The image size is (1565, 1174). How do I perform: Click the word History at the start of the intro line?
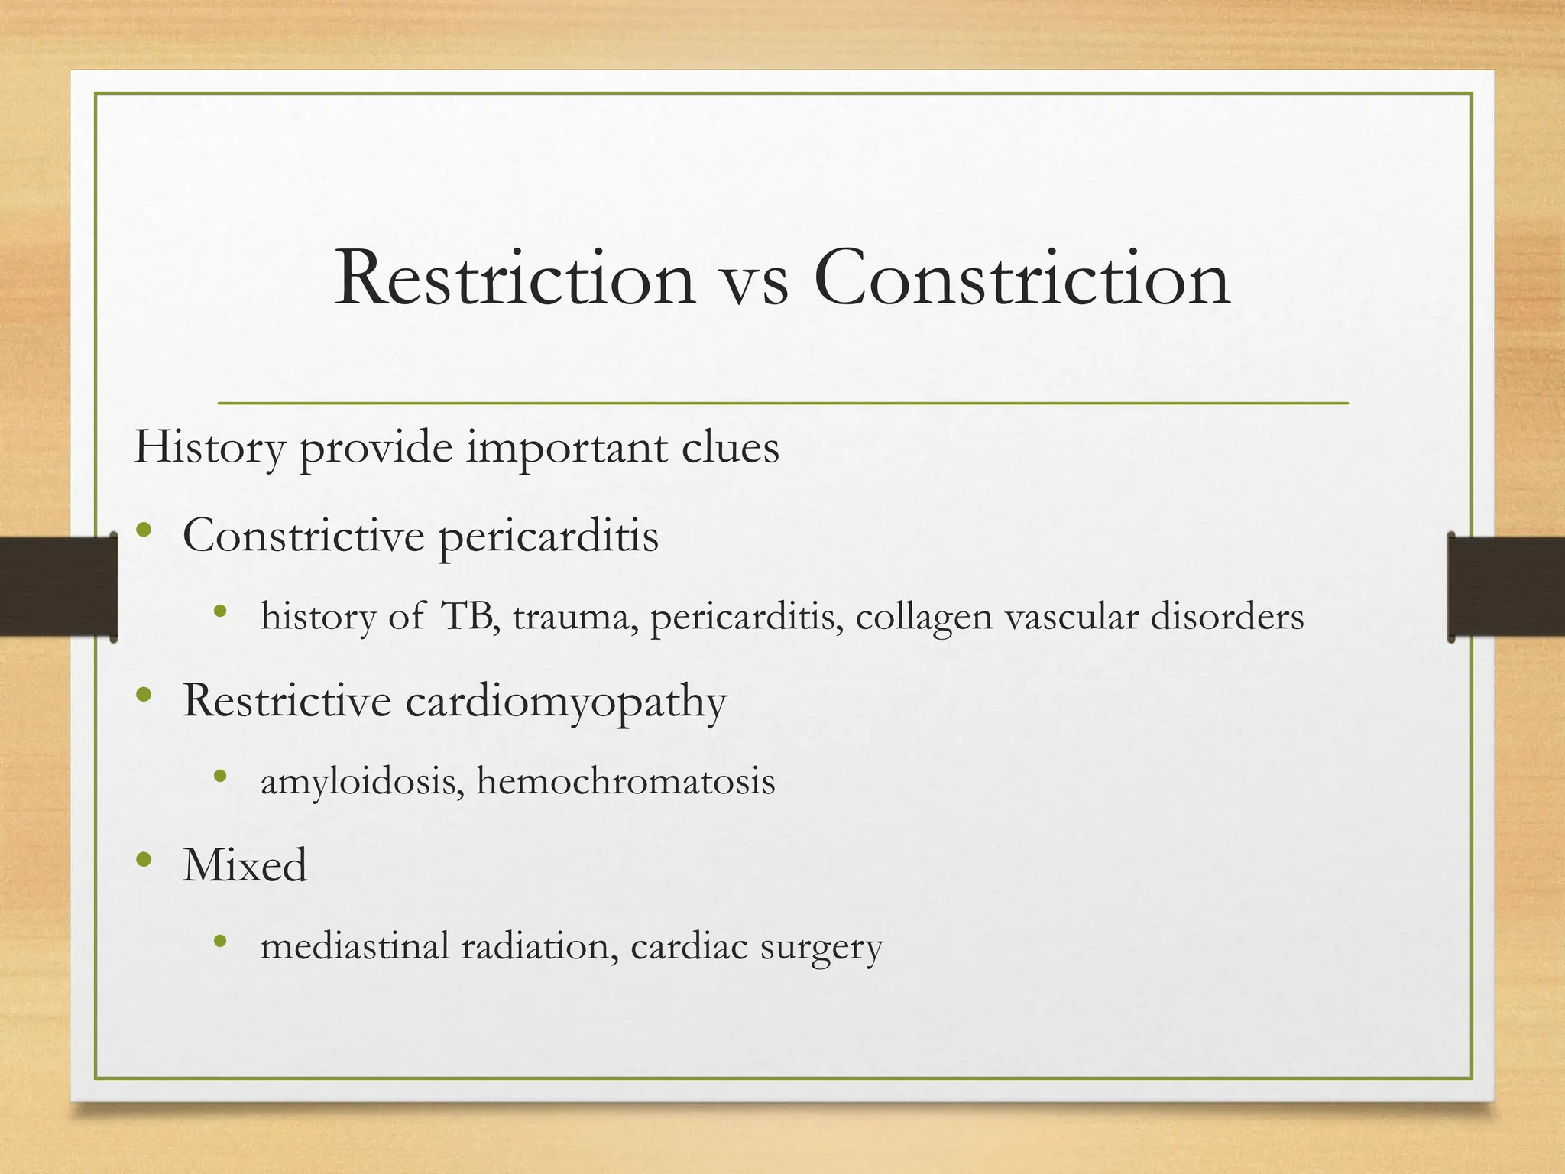pyautogui.click(x=209, y=448)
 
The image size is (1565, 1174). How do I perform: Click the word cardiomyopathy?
pyautogui.click(x=565, y=702)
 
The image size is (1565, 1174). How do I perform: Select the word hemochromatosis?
pyautogui.click(x=625, y=781)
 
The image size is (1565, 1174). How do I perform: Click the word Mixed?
pyautogui.click(x=245, y=865)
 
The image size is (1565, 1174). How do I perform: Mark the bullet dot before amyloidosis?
pyautogui.click(x=221, y=777)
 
